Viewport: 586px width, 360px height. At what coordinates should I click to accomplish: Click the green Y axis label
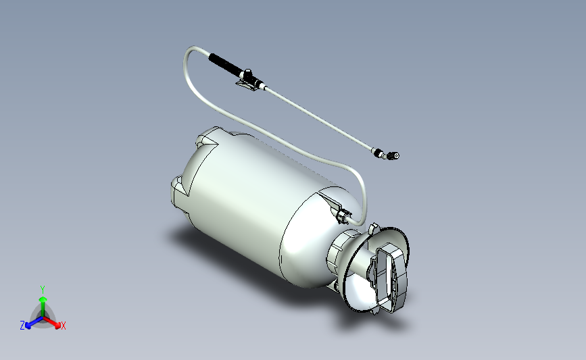[42, 289]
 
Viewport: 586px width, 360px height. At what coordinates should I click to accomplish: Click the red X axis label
[64, 326]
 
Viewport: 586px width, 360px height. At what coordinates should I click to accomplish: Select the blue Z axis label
[22, 326]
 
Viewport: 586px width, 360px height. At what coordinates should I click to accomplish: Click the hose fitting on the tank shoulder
[343, 215]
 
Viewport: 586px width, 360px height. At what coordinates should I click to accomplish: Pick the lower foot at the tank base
[179, 192]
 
